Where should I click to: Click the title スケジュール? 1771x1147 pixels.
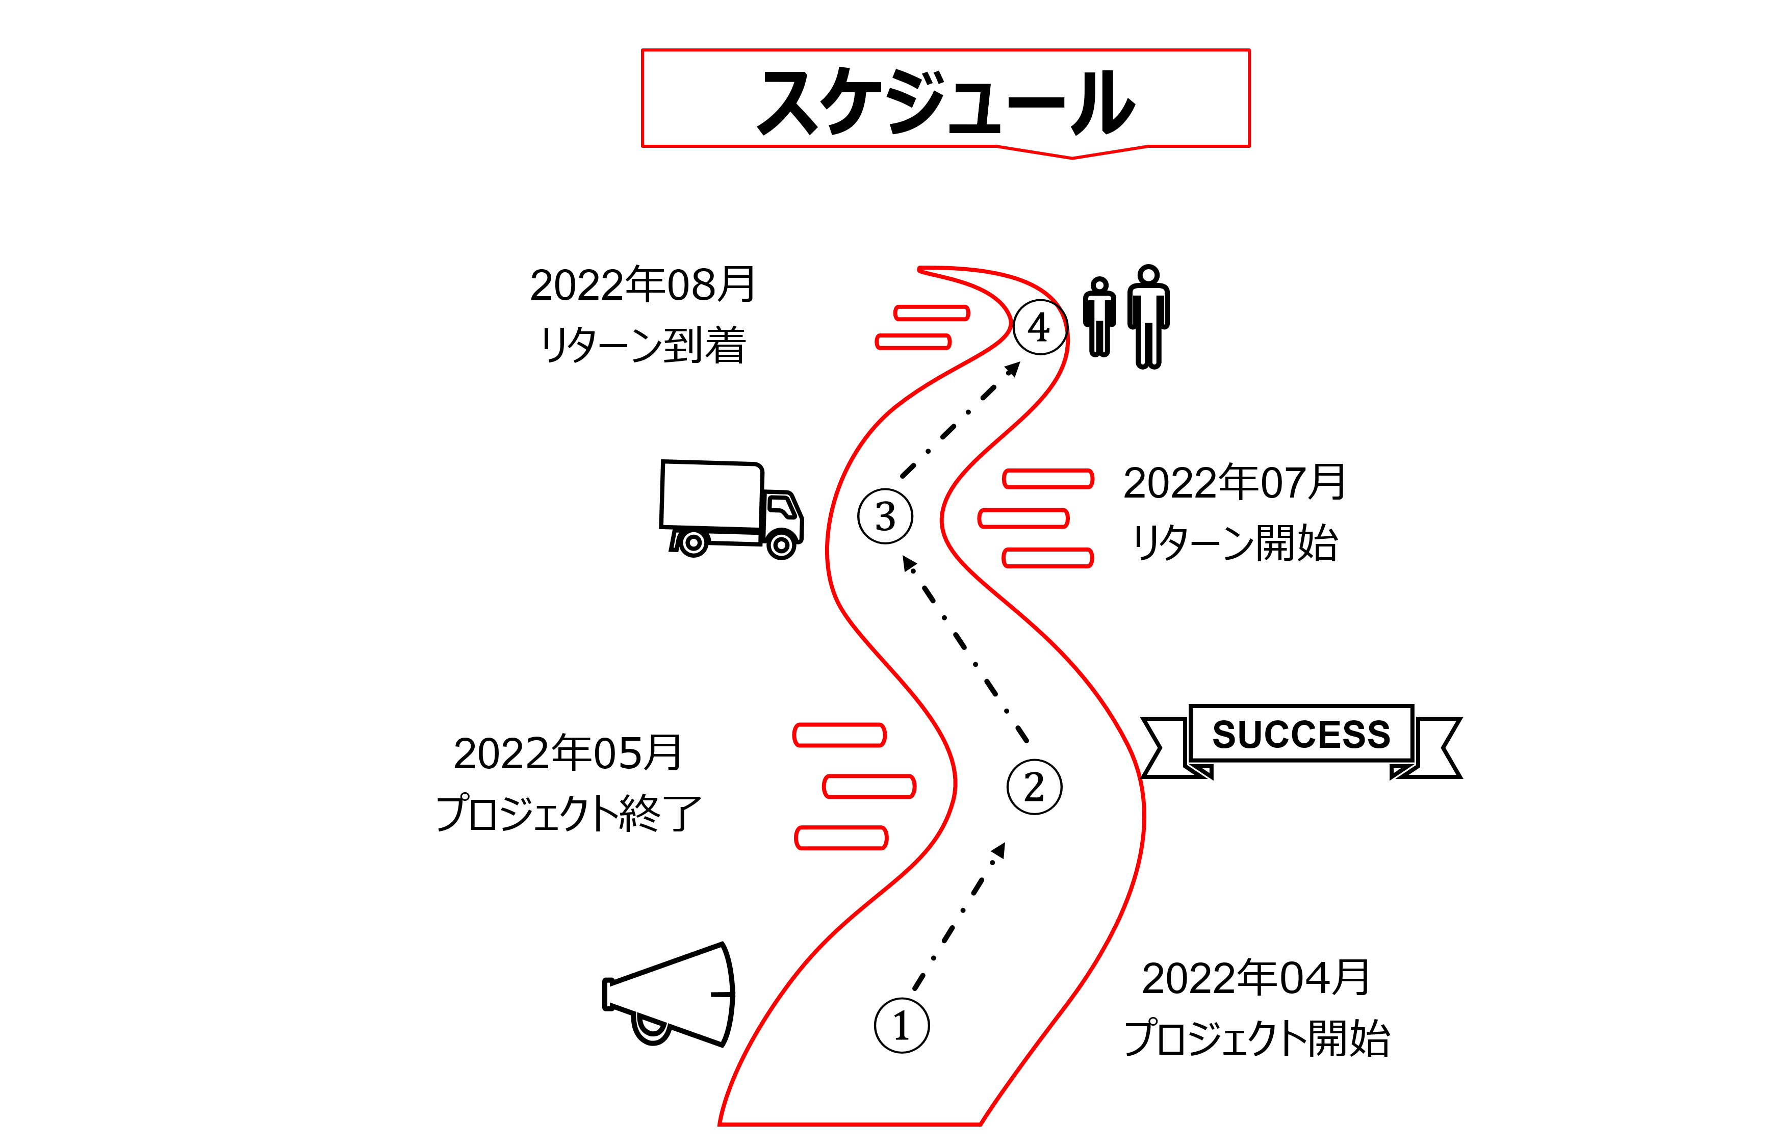(x=945, y=102)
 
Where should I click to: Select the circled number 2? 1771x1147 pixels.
(x=1034, y=787)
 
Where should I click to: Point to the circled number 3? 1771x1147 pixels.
(x=885, y=516)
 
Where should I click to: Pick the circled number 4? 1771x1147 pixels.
(x=1040, y=327)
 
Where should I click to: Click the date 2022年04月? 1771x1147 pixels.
(x=1255, y=978)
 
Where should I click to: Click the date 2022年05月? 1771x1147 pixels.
(x=568, y=753)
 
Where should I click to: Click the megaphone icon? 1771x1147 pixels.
(x=670, y=995)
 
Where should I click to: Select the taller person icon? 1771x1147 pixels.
(x=1148, y=316)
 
